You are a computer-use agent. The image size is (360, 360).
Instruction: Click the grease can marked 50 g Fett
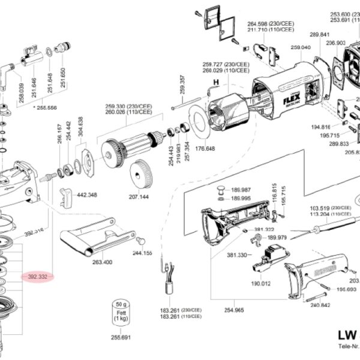click(x=121, y=313)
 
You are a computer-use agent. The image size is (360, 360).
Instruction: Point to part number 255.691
click(x=121, y=338)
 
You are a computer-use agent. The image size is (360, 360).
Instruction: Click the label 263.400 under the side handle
click(x=102, y=262)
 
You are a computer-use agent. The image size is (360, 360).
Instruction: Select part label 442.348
click(x=88, y=194)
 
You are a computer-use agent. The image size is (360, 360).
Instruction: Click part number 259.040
click(x=300, y=47)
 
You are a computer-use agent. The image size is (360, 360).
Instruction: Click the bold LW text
click(x=347, y=335)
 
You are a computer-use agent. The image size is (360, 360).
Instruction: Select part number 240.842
click(x=321, y=304)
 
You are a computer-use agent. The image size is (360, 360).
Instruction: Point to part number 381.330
click(x=237, y=255)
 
